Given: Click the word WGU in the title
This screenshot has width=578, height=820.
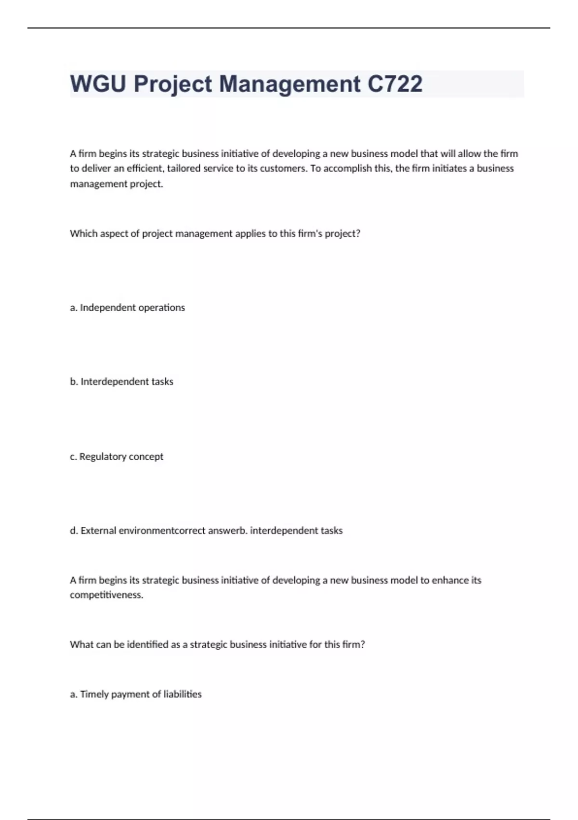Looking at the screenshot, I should coord(98,84).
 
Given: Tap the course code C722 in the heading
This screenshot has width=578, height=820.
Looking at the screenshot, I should coord(395,84).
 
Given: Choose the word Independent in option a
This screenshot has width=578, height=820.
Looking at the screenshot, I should coord(107,308).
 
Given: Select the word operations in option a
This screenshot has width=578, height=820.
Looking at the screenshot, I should coord(161,308).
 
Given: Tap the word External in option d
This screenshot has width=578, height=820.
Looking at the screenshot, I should coord(98,531).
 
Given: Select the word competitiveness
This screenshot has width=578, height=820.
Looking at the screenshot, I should coord(106,595).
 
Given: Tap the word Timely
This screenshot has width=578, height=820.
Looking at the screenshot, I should coord(94,694).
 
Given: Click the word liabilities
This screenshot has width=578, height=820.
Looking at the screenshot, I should coord(183,694).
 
